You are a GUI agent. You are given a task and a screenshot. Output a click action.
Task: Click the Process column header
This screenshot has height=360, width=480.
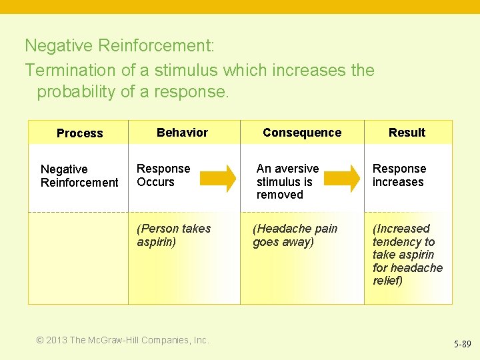click(x=79, y=133)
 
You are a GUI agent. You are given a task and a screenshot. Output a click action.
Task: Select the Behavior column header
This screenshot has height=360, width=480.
click(x=182, y=133)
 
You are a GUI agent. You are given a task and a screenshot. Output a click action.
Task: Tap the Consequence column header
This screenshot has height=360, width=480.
click(x=301, y=133)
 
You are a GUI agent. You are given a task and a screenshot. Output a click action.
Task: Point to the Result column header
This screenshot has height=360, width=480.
click(x=407, y=133)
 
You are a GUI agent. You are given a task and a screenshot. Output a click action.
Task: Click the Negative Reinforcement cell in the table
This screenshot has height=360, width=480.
click(x=79, y=176)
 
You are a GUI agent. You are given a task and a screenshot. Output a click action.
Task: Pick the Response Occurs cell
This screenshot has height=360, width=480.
click(x=163, y=175)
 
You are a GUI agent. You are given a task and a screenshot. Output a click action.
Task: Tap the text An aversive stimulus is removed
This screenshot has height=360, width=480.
click(x=287, y=181)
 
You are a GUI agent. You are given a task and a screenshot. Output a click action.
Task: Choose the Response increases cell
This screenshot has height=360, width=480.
click(x=399, y=175)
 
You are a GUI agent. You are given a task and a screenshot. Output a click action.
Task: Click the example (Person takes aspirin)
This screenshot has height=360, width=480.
click(x=173, y=235)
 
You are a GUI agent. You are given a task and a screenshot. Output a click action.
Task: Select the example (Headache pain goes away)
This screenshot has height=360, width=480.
click(x=295, y=235)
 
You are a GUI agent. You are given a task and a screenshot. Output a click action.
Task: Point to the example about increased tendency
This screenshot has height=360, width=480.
click(x=407, y=255)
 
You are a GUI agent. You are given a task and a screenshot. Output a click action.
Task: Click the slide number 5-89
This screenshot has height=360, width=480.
click(x=462, y=345)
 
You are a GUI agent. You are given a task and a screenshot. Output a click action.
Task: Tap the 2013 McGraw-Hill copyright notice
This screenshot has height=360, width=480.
click(x=122, y=340)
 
